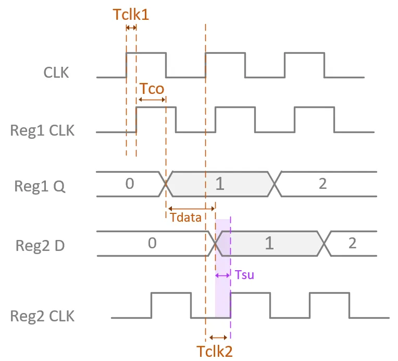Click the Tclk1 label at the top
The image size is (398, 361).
point(131,14)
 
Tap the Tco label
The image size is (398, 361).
point(152,89)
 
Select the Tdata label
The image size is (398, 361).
point(185,218)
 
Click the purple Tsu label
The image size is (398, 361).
point(244,275)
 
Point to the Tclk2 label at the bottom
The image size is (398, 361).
point(215,351)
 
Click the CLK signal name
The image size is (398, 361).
point(56,73)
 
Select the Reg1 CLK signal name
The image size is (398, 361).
point(42,130)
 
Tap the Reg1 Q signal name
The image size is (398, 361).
point(40,186)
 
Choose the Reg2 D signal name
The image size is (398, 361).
point(40,246)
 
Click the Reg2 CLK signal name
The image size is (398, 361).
point(42,316)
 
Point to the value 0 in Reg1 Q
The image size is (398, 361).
point(130,184)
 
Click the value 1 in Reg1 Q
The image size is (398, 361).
point(220,184)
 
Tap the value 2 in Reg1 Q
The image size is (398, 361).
point(322,184)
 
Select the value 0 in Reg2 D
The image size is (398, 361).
point(152,243)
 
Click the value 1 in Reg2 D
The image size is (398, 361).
point(269,243)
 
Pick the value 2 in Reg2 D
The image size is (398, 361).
point(352,243)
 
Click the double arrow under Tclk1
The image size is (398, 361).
point(131,28)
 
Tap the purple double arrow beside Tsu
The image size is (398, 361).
point(222,275)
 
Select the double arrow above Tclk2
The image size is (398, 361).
point(218,338)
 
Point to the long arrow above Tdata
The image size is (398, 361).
point(192,209)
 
